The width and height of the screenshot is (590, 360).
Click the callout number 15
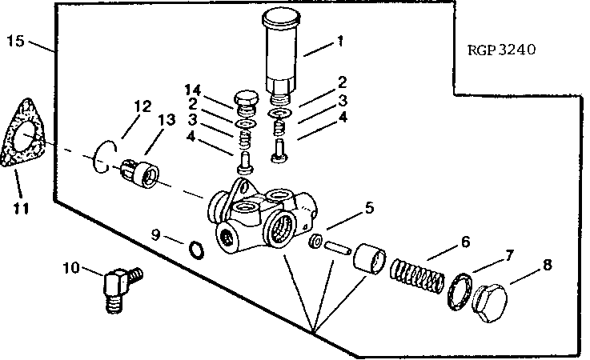tap(15, 40)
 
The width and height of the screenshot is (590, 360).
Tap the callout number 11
tap(21, 209)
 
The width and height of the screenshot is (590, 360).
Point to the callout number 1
tap(340, 42)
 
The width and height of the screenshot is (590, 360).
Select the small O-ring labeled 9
tap(195, 251)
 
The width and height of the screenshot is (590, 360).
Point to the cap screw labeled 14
tap(245, 102)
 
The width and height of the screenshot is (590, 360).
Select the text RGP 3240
tap(501, 50)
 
